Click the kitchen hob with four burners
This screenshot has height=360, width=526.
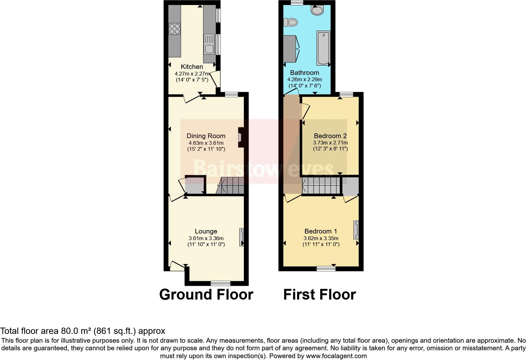175,29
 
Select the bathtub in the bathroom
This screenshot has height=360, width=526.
323,48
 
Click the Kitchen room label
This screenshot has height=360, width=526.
192,67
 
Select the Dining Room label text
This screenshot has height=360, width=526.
206,136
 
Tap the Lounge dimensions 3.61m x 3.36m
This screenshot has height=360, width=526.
206,238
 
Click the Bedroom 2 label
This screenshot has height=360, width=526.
330,136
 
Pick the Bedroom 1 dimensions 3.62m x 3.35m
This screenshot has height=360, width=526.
321,238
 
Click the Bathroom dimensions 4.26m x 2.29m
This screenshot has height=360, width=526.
304,80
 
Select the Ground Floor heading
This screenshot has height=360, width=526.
206,295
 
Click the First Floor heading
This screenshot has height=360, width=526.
319,295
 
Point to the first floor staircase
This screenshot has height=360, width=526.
321,186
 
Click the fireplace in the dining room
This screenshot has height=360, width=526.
241,138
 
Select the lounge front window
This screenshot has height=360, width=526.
220,283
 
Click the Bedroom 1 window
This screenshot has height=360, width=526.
326,268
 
